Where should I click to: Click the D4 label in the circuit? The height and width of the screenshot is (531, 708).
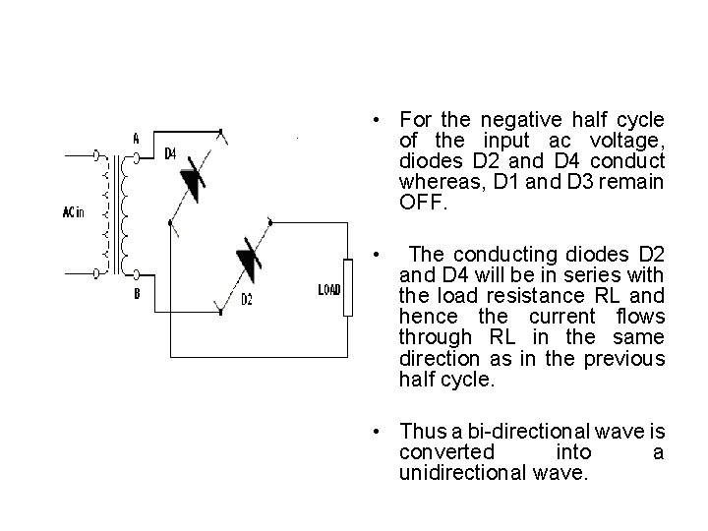(170, 153)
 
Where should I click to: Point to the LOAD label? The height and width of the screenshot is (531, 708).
(330, 289)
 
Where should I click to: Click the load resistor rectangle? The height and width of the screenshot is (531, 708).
(347, 288)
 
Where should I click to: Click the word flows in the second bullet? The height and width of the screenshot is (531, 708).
(638, 316)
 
